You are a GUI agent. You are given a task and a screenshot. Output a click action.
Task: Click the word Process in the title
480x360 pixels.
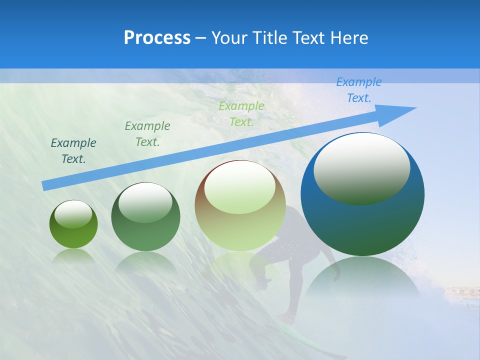[157, 38]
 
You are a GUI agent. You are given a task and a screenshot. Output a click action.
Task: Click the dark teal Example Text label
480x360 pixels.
[73, 150]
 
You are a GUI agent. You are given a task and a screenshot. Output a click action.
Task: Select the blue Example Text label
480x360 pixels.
[359, 90]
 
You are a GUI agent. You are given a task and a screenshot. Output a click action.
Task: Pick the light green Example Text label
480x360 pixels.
[241, 113]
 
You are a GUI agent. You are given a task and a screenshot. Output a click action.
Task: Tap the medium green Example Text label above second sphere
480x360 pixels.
[147, 133]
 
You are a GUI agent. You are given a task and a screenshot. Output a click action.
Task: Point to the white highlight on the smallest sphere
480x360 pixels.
[73, 214]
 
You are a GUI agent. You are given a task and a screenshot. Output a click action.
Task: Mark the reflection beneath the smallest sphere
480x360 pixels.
[73, 256]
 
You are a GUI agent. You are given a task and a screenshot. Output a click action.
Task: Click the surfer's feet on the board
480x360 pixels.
[287, 318]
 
